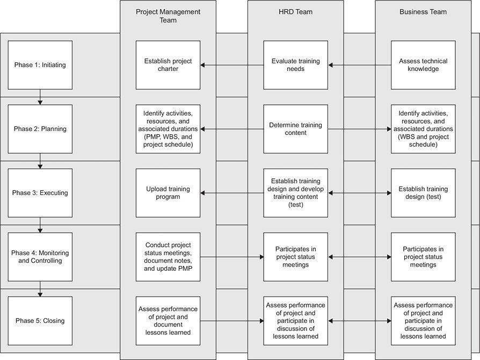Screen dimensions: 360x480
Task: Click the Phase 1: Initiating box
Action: [x=40, y=65]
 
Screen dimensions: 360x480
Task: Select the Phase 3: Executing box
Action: [x=40, y=193]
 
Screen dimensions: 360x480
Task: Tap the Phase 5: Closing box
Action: [x=40, y=321]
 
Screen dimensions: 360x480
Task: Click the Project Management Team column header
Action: [x=168, y=16]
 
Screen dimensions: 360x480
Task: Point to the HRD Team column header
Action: [x=295, y=12]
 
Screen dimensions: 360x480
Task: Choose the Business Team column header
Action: [x=423, y=12]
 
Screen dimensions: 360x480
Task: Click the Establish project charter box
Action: [x=168, y=65]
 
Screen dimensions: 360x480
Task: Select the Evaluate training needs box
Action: [x=295, y=65]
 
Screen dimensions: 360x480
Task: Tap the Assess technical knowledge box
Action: [x=423, y=65]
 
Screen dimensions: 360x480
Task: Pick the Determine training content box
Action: [x=295, y=129]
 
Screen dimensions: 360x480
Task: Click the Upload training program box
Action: [x=168, y=193]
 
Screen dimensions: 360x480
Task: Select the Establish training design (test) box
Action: [x=423, y=193]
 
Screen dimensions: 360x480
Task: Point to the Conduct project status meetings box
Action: [x=168, y=257]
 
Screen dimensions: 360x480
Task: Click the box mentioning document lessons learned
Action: [x=168, y=321]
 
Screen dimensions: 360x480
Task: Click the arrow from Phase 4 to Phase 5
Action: [x=40, y=289]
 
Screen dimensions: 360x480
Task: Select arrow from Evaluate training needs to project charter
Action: [x=231, y=65]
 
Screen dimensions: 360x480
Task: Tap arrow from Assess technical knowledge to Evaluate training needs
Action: [x=359, y=65]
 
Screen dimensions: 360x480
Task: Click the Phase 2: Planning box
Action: [x=40, y=129]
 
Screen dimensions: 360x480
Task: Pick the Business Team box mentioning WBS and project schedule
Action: [x=423, y=129]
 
